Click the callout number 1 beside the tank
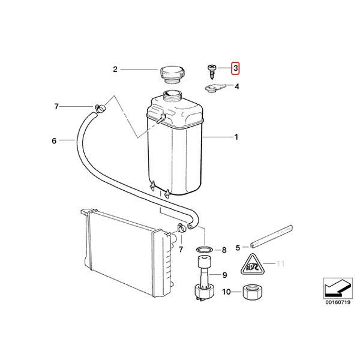pos(236,137)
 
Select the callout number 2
pos(115,70)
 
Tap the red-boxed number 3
pos(236,70)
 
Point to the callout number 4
pos(237,87)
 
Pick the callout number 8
pos(224,250)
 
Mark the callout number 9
pos(224,275)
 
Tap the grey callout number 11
pos(280,263)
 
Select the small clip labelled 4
pos(213,89)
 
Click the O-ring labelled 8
pos(205,250)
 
